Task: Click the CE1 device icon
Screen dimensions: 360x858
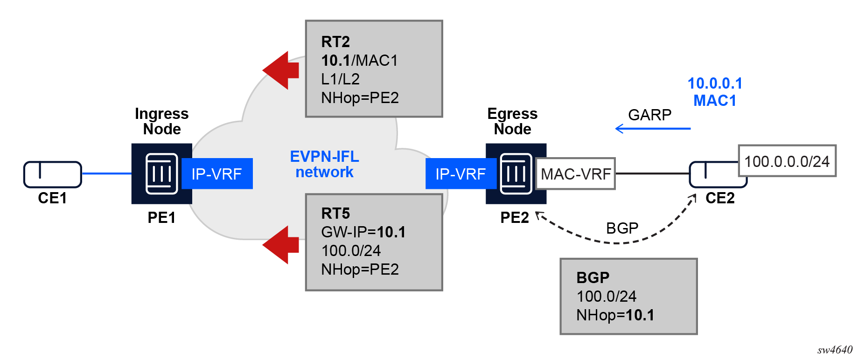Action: (x=52, y=174)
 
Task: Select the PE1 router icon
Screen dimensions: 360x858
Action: (x=161, y=173)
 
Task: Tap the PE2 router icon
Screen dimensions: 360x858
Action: (x=516, y=173)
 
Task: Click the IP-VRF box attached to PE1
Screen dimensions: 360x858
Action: (x=217, y=174)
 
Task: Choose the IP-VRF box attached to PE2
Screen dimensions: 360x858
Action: (x=460, y=174)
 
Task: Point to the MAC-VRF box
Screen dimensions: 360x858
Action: (x=576, y=174)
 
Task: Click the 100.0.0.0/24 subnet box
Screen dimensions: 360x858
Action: (x=787, y=161)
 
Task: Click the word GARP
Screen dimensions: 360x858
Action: (x=649, y=115)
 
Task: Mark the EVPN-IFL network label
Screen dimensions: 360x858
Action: (x=325, y=164)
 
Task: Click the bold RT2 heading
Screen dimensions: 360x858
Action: (x=335, y=42)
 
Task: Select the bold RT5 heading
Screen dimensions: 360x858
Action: (x=335, y=214)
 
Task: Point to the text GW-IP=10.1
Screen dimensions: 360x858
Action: (x=363, y=232)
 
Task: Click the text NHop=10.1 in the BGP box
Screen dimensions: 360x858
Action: (x=615, y=315)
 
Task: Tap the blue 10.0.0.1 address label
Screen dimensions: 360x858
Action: (x=715, y=83)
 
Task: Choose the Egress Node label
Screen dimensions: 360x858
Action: (x=512, y=121)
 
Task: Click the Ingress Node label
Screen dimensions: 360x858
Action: (x=161, y=121)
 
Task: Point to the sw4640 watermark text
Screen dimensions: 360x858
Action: (x=834, y=350)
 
